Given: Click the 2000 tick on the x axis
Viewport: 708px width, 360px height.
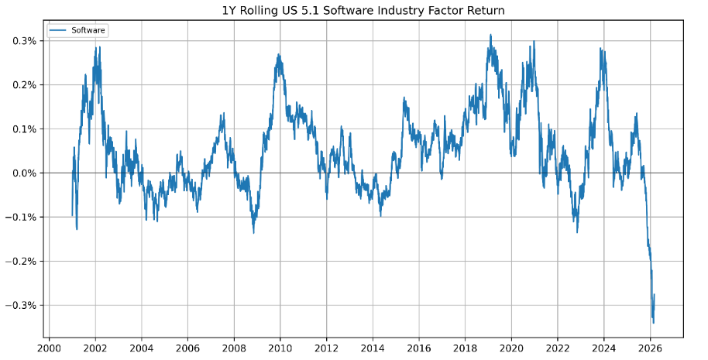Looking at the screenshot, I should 49,347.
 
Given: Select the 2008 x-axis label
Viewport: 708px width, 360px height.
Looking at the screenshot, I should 234,347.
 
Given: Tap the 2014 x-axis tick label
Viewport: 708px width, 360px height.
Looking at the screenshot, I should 373,347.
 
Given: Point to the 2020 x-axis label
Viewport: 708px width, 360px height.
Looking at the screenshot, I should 511,347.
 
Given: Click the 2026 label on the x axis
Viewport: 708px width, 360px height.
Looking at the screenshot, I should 650,347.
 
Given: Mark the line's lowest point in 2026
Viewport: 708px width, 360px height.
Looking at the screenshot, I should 654,323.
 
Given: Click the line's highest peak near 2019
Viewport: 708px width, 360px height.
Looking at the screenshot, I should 490,35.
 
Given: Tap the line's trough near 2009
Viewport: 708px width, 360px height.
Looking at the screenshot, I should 253,232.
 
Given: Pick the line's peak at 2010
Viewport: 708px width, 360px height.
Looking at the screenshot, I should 279,54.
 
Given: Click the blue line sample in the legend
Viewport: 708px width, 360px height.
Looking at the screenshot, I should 59,30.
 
